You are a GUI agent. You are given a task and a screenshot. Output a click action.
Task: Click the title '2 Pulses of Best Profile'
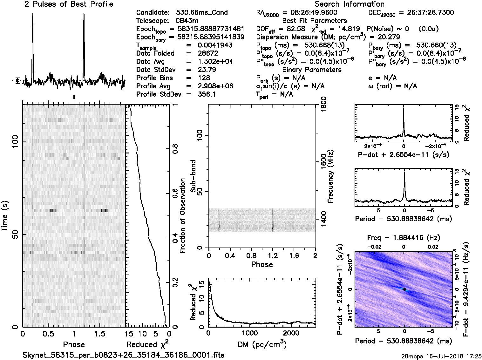tap(68, 4)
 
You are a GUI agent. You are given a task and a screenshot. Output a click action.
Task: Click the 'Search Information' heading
tap(349, 4)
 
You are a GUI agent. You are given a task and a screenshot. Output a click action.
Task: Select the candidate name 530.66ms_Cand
tap(201, 13)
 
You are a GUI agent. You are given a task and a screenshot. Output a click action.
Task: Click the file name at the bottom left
tap(124, 355)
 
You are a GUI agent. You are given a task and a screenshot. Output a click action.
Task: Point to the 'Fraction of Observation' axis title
tap(183, 216)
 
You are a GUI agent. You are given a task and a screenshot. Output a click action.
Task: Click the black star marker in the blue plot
tap(404, 289)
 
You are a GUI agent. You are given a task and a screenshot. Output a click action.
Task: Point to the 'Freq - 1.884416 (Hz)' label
tap(403, 238)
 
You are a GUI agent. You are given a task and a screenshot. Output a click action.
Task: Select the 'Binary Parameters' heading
tap(312, 70)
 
